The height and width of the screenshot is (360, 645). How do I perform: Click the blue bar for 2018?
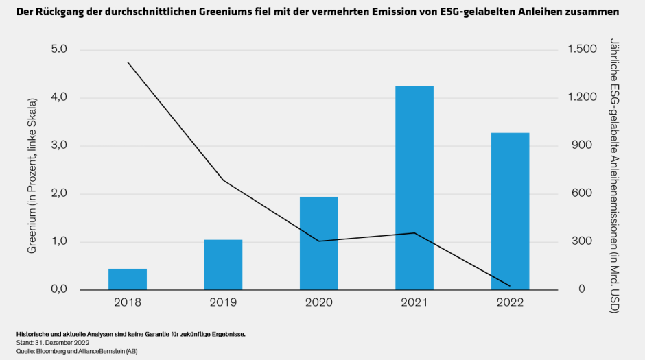pyautogui.click(x=128, y=279)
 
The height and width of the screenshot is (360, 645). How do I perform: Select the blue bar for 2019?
pyautogui.click(x=223, y=265)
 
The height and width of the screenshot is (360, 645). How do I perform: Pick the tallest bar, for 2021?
pyautogui.click(x=414, y=188)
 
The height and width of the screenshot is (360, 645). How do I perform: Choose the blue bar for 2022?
pyautogui.click(x=510, y=211)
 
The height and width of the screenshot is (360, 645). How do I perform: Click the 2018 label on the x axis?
pyautogui.click(x=128, y=302)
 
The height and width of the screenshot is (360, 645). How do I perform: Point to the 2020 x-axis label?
pyautogui.click(x=318, y=302)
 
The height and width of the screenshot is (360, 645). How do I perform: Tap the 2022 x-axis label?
pyautogui.click(x=510, y=302)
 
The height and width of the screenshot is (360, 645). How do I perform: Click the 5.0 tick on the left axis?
pyautogui.click(x=58, y=50)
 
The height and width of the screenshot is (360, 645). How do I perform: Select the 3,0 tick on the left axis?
pyautogui.click(x=58, y=145)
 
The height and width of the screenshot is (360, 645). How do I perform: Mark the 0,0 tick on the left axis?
pyautogui.click(x=58, y=289)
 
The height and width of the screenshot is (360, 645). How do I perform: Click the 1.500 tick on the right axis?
pyautogui.click(x=581, y=50)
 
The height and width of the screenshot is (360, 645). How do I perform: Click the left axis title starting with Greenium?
pyautogui.click(x=32, y=170)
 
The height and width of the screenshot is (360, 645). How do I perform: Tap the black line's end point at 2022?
pyautogui.click(x=510, y=286)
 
